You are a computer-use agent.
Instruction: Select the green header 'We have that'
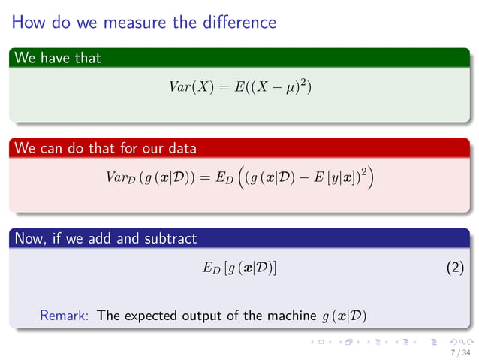point(57,57)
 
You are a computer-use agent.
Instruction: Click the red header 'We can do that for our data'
point(105,148)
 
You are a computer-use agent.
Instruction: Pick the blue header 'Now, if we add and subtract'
point(105,239)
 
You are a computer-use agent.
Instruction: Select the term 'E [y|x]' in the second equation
point(328,179)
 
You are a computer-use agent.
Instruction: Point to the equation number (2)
point(453,268)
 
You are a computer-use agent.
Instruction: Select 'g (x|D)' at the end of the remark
point(343,316)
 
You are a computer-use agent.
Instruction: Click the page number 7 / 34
point(459,352)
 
